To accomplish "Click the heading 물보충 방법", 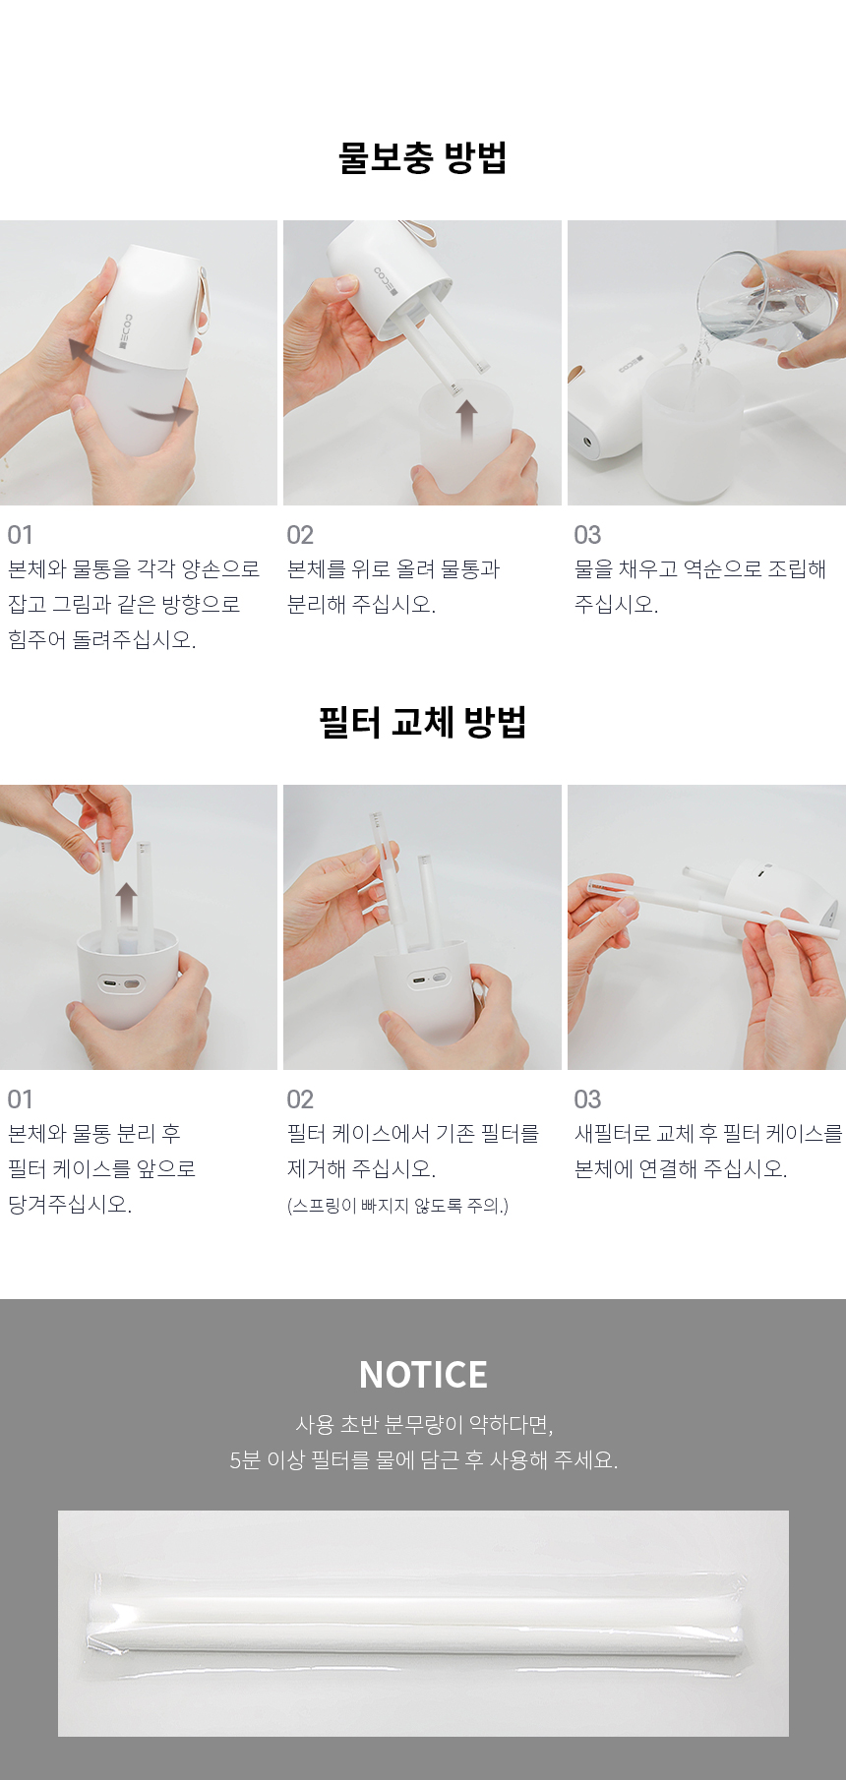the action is pyautogui.click(x=423, y=157).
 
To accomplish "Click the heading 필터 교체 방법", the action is pyautogui.click(x=423, y=722).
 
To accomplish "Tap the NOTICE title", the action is pyautogui.click(x=423, y=1375).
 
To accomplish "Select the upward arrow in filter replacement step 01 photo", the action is pyautogui.click(x=126, y=905).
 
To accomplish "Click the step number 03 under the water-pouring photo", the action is pyautogui.click(x=587, y=535).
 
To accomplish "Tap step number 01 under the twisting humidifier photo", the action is pyautogui.click(x=20, y=535).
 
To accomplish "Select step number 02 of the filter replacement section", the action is pyautogui.click(x=300, y=1099).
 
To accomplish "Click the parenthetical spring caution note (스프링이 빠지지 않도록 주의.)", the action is pyautogui.click(x=397, y=1206).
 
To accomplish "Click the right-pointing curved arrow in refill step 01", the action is pyautogui.click(x=162, y=413).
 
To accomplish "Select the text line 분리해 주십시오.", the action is pyautogui.click(x=361, y=605).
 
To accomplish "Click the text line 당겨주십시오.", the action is pyautogui.click(x=70, y=1205).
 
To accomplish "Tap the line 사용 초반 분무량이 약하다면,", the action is pyautogui.click(x=424, y=1424).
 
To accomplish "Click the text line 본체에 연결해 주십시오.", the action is pyautogui.click(x=681, y=1169).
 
